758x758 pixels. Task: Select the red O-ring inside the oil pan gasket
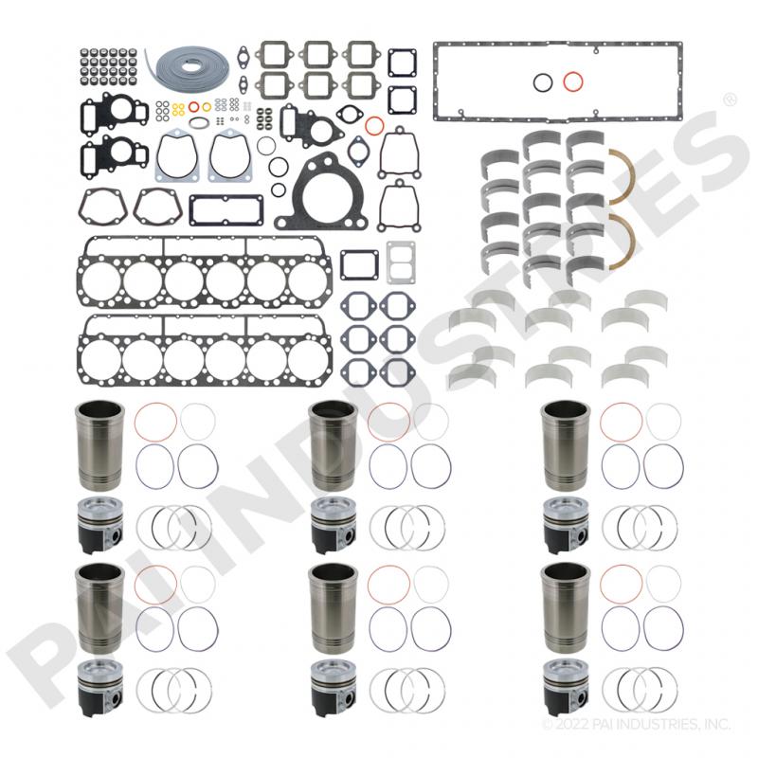point(571,81)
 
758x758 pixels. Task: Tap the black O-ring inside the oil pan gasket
point(542,82)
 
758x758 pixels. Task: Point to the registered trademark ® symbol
point(730,99)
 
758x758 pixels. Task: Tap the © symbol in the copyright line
point(547,726)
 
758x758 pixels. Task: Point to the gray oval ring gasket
point(199,122)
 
